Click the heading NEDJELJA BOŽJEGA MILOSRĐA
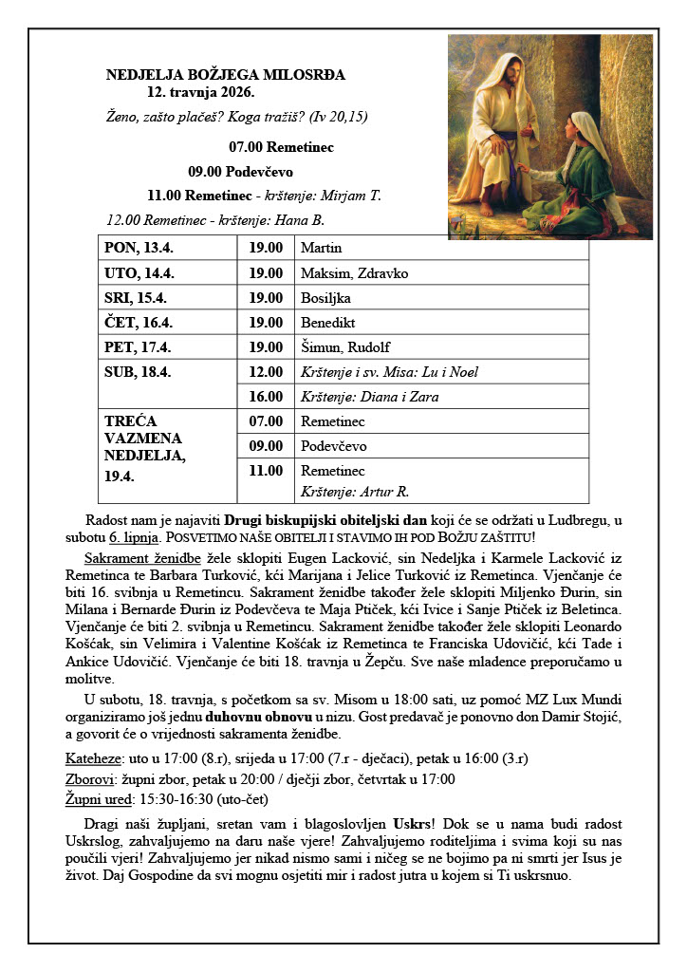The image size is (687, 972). pos(226,74)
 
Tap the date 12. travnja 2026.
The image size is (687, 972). pos(200,94)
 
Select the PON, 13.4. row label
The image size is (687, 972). pos(139,249)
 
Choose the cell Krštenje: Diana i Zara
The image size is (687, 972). pos(369,397)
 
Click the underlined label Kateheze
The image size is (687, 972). pos(93,758)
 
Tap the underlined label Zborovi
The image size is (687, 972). pos(92,779)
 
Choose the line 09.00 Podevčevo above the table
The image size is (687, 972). pos(241,172)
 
